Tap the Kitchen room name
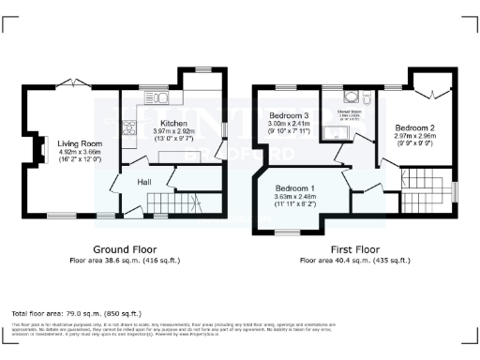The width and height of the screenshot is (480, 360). (x=174, y=123)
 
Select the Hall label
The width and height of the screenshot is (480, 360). (x=145, y=182)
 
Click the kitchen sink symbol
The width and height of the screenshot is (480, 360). (x=160, y=97)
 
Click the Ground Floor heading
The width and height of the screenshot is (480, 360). (x=124, y=249)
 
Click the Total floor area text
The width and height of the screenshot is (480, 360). (x=75, y=312)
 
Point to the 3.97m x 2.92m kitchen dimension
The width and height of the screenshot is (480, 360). (x=174, y=132)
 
